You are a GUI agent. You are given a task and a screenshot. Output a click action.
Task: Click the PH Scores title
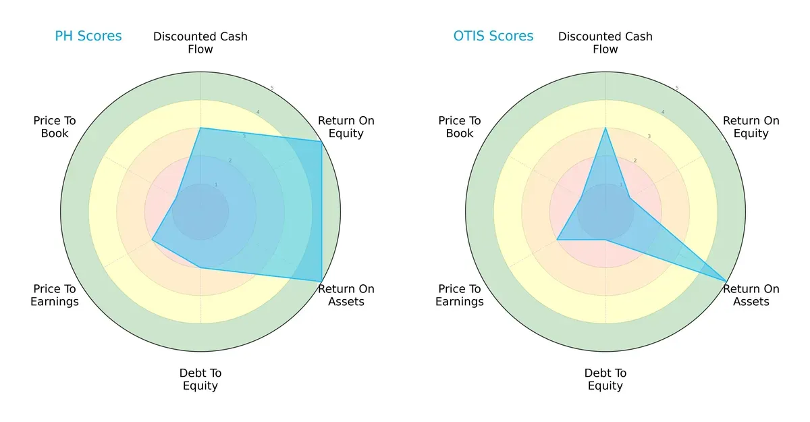88,36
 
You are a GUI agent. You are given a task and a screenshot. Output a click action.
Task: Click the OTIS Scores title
493,36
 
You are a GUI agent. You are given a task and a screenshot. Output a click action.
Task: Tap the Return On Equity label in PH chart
346,127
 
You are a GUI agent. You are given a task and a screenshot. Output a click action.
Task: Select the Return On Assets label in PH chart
346,295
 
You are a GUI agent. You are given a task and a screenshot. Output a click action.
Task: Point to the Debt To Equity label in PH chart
200,379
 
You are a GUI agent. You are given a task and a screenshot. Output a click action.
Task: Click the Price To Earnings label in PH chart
55,295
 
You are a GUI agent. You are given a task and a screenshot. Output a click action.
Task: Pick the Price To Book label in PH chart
55,127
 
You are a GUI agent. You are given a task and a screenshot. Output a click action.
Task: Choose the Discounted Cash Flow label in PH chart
200,43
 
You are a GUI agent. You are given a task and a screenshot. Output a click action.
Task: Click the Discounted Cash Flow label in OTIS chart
605,43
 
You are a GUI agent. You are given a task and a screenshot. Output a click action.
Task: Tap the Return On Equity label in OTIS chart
751,127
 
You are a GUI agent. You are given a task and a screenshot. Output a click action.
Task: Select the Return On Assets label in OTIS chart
751,295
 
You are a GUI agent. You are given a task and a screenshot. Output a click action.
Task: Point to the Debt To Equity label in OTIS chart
605,379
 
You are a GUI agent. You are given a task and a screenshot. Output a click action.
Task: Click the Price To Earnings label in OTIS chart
460,295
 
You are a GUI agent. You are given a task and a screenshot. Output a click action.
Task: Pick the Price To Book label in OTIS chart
460,127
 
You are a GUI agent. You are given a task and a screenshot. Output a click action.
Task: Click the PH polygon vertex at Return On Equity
321,141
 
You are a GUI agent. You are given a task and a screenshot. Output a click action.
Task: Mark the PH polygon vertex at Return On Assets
321,281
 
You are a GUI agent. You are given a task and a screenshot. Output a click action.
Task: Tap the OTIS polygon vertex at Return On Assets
726,281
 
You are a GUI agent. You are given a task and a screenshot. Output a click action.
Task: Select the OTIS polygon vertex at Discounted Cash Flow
605,128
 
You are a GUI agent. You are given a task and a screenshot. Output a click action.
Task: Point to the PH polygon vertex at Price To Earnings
152,240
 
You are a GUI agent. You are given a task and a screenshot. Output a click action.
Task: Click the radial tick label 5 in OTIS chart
677,88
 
